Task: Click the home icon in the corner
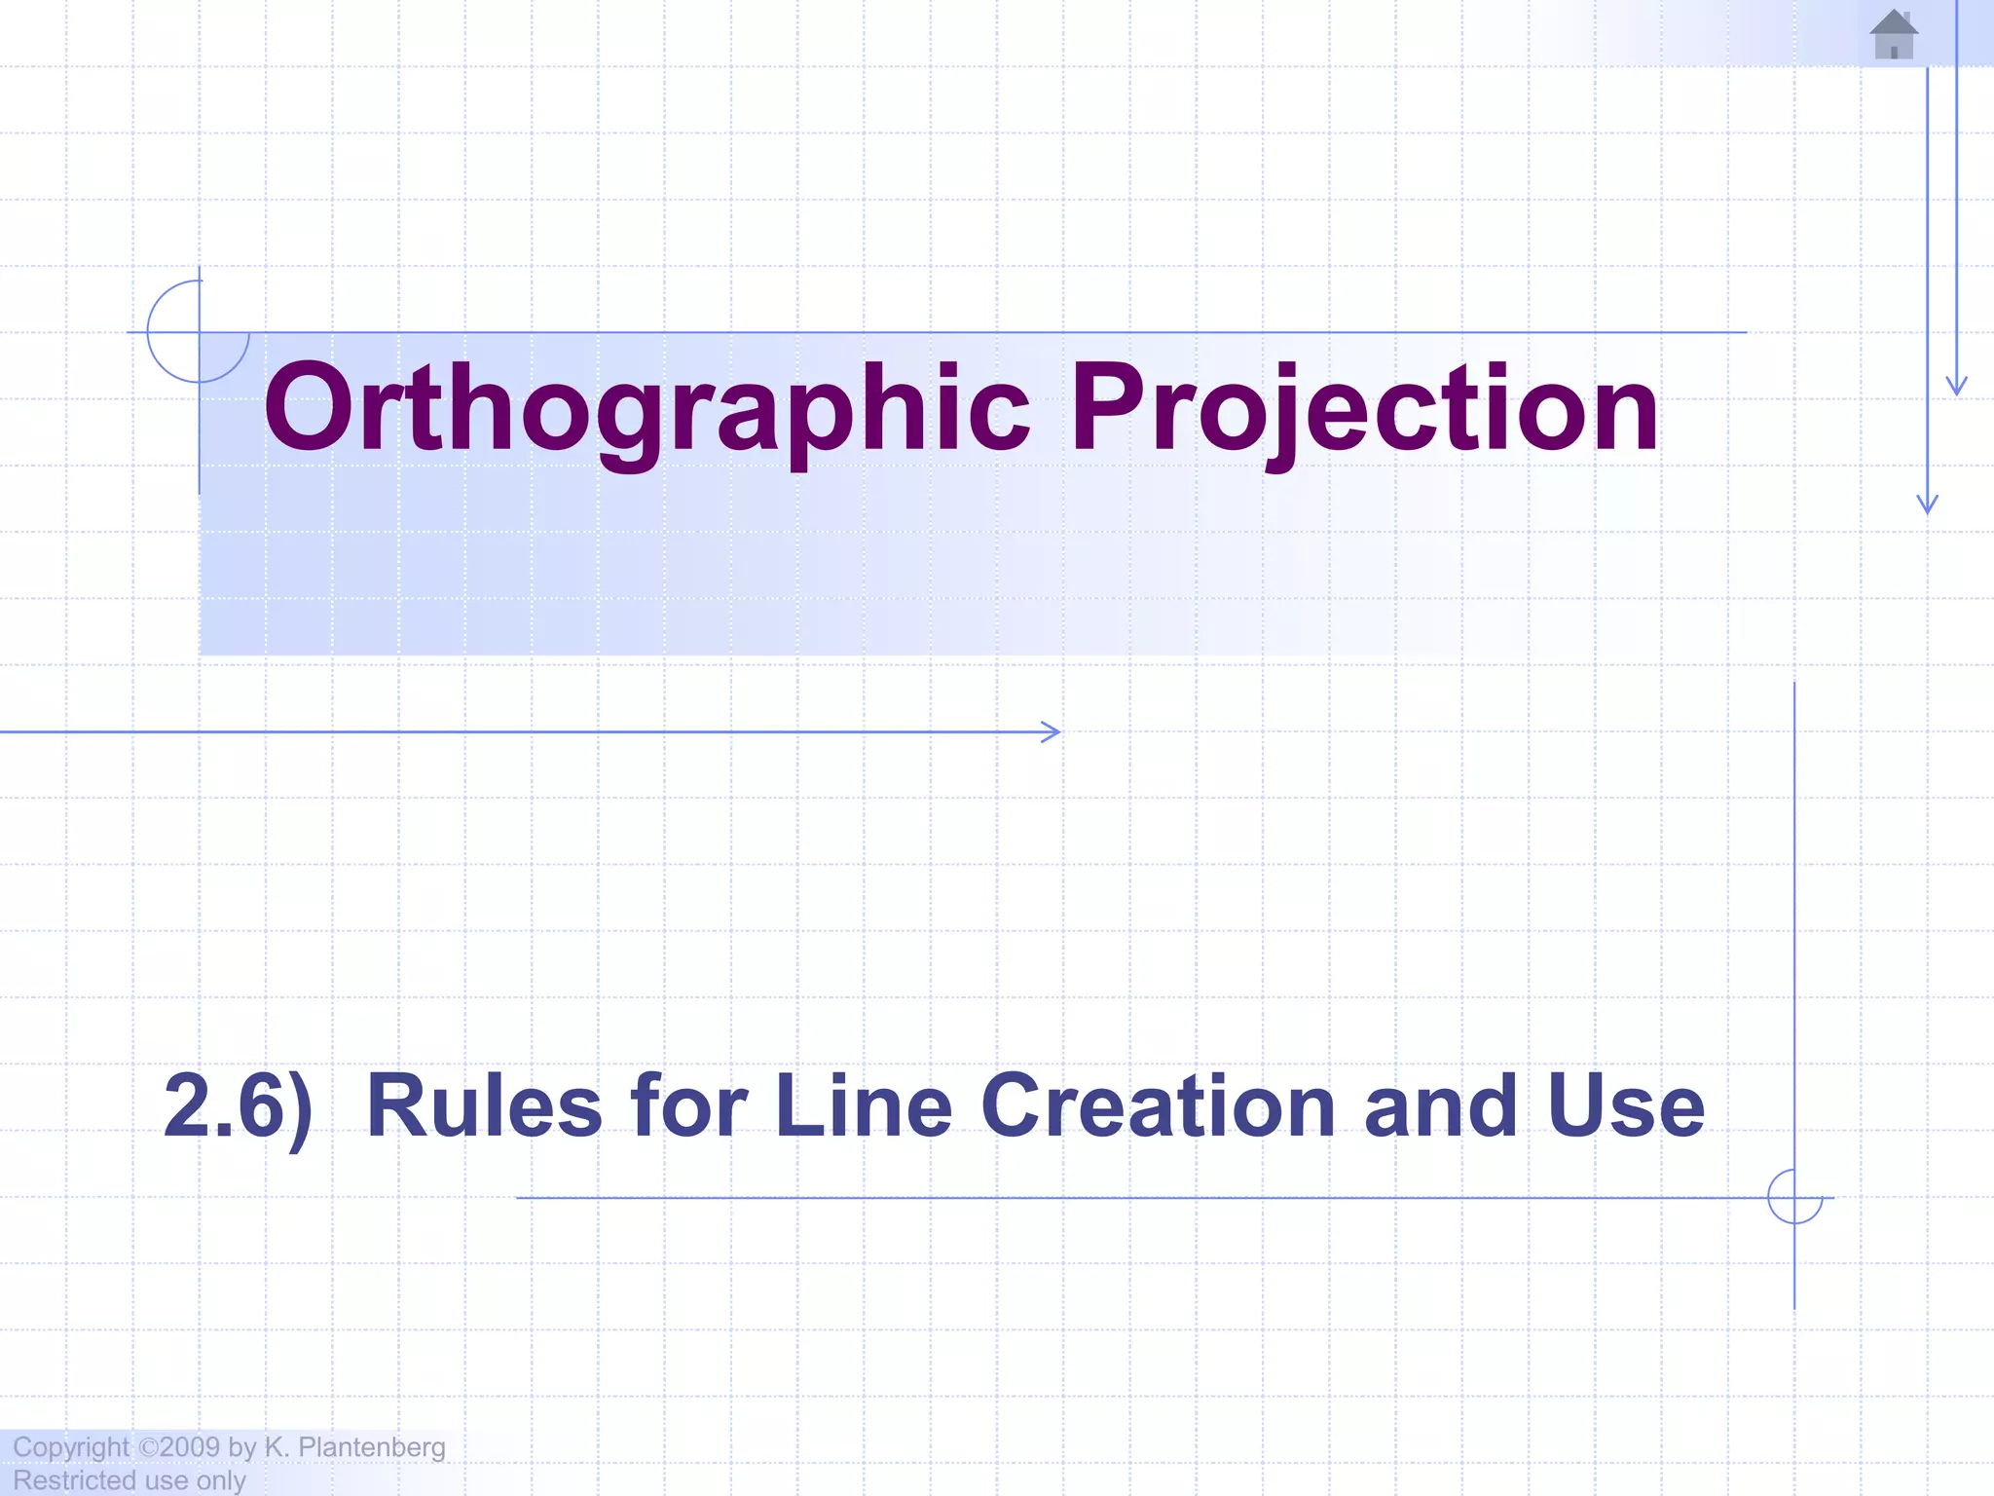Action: [x=1894, y=35]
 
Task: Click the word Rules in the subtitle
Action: [x=484, y=1106]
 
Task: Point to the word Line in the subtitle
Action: [x=863, y=1106]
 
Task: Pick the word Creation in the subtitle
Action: [x=1159, y=1106]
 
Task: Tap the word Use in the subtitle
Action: [x=1625, y=1106]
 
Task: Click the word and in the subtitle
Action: [x=1440, y=1106]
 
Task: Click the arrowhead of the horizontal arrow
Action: [x=1052, y=731]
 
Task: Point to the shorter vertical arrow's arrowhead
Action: [x=1956, y=386]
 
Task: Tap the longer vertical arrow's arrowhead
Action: [x=1927, y=504]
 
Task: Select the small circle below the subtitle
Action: [x=1794, y=1197]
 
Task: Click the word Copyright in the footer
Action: [x=70, y=1447]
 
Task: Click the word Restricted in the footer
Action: [x=74, y=1480]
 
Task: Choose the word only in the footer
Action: [x=221, y=1480]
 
